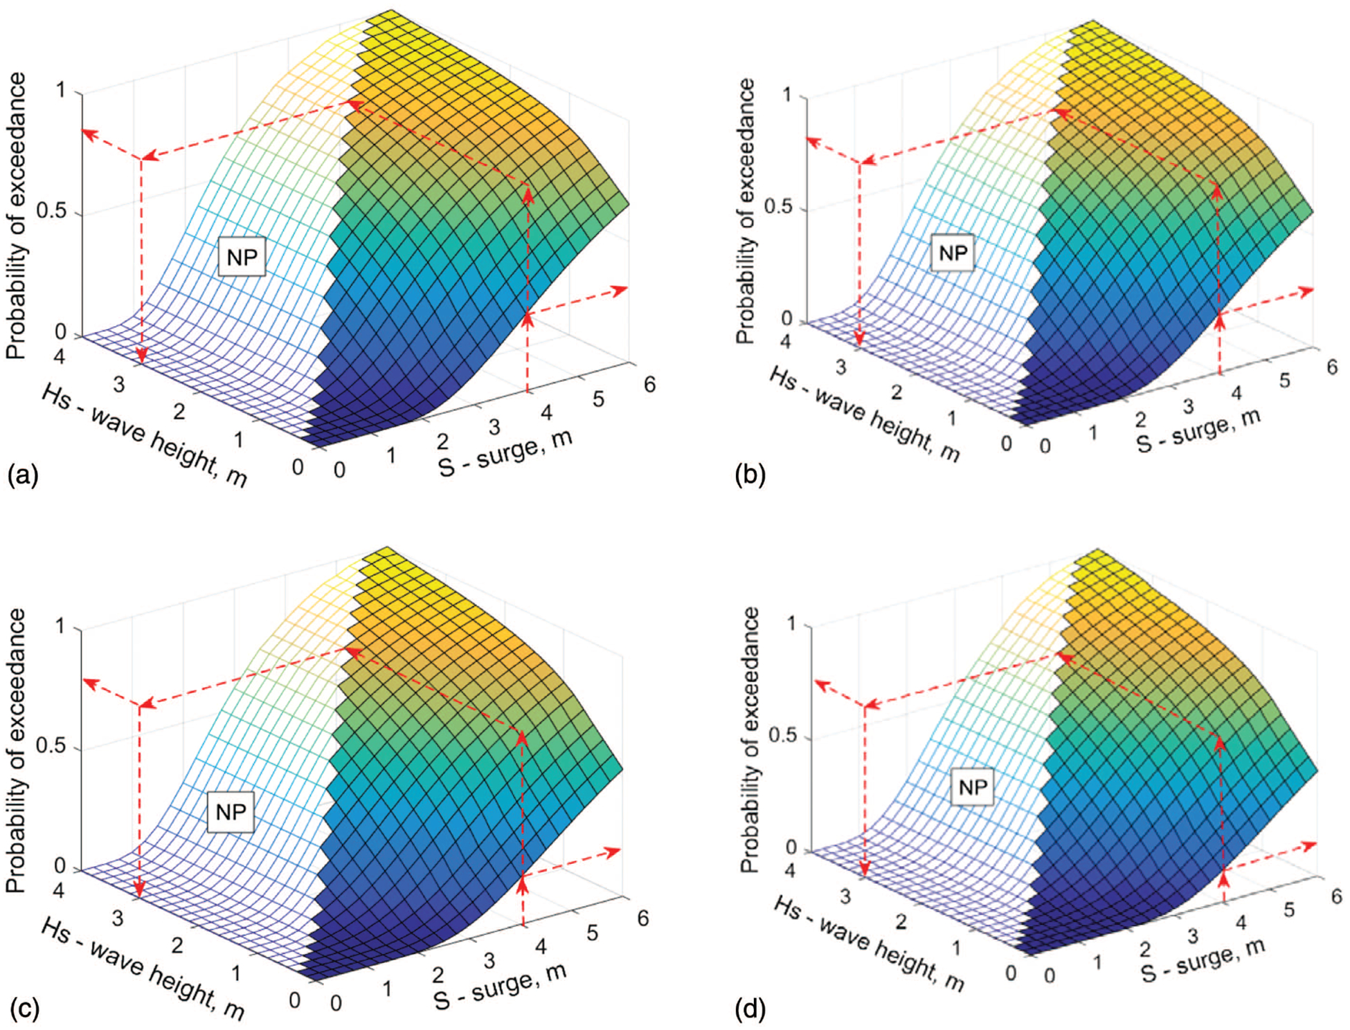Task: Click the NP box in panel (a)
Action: coord(242,257)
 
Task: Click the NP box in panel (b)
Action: coord(953,253)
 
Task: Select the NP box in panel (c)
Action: coord(231,811)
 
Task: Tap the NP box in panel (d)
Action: coord(972,787)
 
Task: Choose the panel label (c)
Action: coord(22,1009)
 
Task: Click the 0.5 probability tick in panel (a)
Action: coord(51,211)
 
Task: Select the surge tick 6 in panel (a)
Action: coord(649,384)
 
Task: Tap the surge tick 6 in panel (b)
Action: coord(1331,367)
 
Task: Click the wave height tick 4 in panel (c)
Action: coord(58,890)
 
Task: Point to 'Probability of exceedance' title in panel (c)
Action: coord(15,751)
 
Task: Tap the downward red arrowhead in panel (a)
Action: coord(141,356)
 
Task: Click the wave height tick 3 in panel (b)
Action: coord(840,368)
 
